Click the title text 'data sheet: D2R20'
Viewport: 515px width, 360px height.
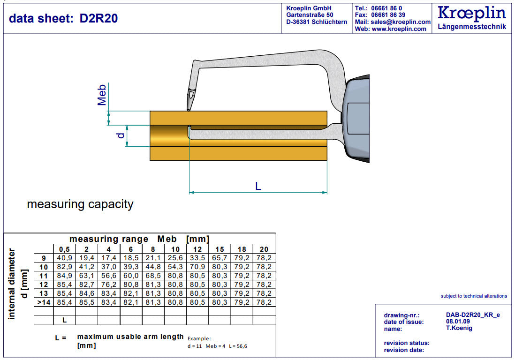(63, 18)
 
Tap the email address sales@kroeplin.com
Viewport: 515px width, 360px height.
(401, 22)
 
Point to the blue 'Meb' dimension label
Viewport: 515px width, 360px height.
(102, 95)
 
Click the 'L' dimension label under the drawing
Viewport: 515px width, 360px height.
(258, 186)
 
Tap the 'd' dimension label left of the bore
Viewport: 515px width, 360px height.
(121, 135)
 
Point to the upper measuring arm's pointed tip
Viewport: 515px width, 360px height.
(189, 110)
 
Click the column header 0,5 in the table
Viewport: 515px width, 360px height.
(64, 249)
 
